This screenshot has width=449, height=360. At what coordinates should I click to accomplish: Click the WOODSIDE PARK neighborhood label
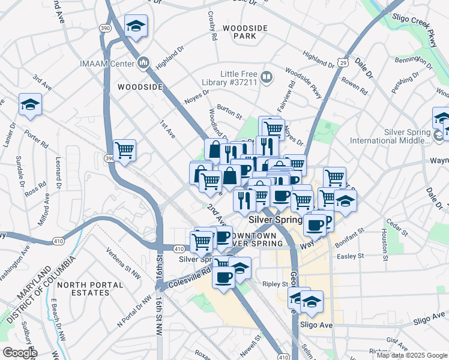[239, 32]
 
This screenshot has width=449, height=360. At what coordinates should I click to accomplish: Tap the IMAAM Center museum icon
[143, 62]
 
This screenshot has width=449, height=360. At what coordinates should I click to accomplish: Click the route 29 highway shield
[342, 62]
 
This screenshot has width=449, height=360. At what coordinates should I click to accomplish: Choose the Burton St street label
[229, 110]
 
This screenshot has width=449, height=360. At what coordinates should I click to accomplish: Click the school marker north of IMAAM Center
[136, 26]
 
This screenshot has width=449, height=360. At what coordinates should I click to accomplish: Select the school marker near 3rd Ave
[30, 105]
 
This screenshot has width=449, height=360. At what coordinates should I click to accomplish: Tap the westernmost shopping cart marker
[124, 150]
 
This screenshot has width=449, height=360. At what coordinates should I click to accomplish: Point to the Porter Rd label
[35, 141]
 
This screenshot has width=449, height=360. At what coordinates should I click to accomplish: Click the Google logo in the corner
[19, 353]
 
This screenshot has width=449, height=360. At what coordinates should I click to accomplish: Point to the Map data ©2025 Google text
[411, 355]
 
